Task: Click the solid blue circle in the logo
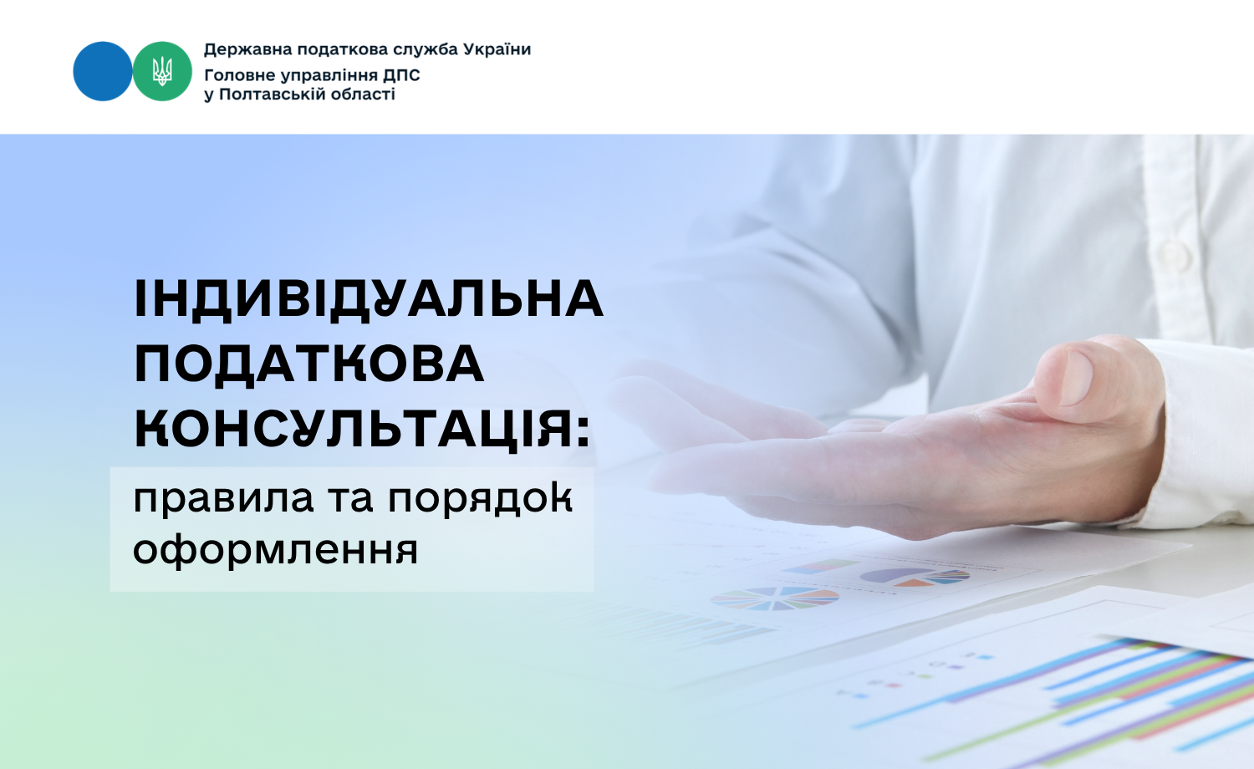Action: (x=103, y=71)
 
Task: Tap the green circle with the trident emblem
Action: (x=162, y=71)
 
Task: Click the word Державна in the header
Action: (x=247, y=50)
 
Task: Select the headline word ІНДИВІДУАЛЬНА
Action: (x=369, y=299)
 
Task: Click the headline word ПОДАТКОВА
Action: (x=309, y=364)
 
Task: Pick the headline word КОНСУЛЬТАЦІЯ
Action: (x=354, y=428)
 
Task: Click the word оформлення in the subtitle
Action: (x=275, y=550)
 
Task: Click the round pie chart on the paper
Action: (x=775, y=598)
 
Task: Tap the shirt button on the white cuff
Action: (x=1175, y=255)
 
